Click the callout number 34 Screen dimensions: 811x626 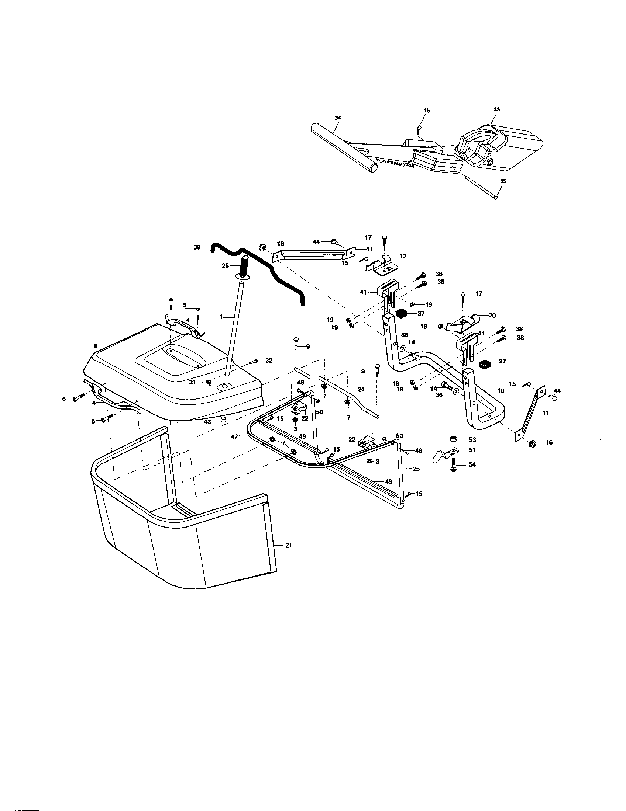(x=337, y=118)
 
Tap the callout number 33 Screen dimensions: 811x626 (x=497, y=109)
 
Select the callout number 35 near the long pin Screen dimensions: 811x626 (x=503, y=181)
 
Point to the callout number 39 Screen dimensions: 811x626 (x=197, y=247)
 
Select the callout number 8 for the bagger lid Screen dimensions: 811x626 (x=96, y=346)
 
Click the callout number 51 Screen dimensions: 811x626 (x=472, y=450)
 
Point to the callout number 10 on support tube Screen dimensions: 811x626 (x=501, y=391)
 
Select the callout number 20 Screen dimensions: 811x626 (x=492, y=315)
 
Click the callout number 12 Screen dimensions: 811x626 (x=403, y=256)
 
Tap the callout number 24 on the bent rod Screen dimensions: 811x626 (x=361, y=389)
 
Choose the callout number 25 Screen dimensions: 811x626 (x=416, y=469)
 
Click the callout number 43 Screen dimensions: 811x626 (x=207, y=421)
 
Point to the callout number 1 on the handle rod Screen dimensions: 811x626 (x=221, y=317)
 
